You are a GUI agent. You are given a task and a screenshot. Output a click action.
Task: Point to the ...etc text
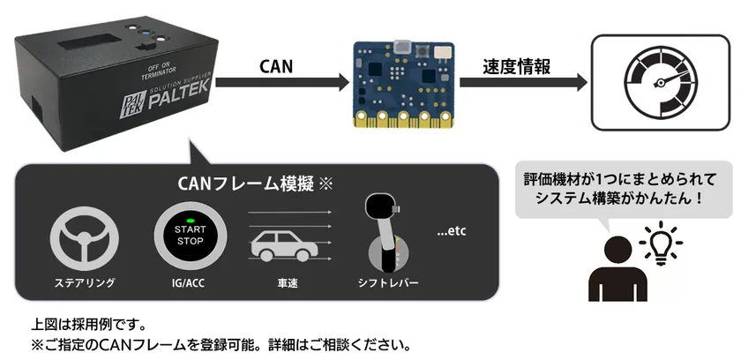coord(452,233)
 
